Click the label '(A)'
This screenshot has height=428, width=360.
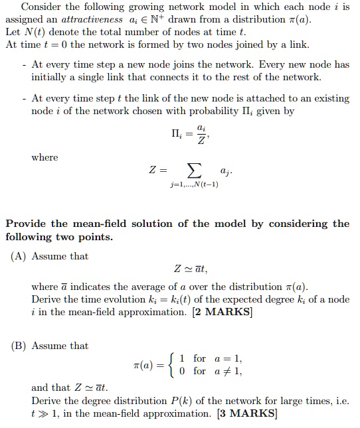[x=18, y=256]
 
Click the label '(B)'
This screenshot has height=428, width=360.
[x=18, y=346]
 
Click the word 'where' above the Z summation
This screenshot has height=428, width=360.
[x=45, y=157]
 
